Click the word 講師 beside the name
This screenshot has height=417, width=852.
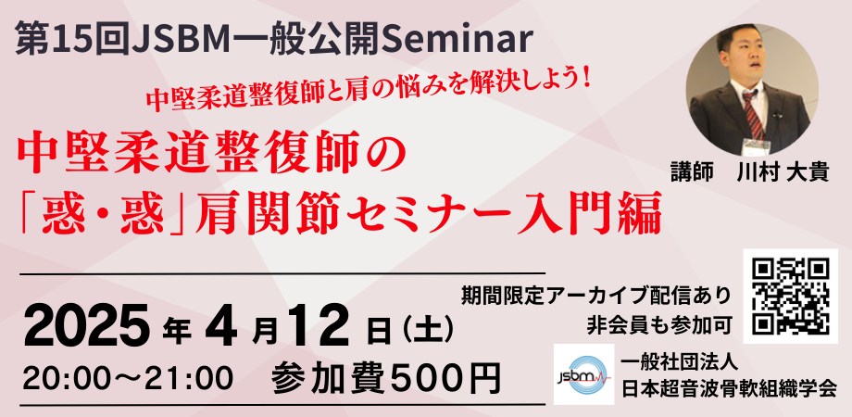click(x=692, y=171)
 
